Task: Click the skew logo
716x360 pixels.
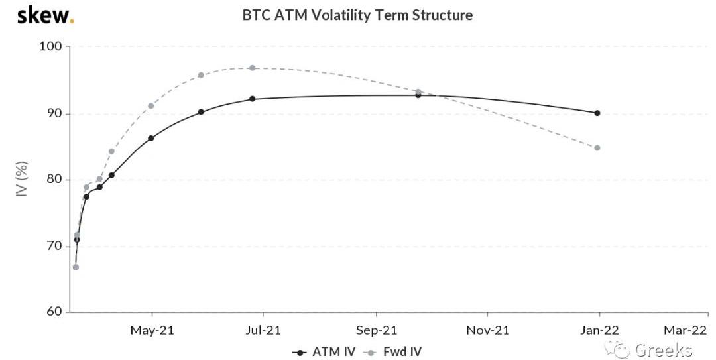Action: click(45, 15)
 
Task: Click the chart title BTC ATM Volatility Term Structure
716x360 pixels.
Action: click(357, 15)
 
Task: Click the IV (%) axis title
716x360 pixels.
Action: click(22, 180)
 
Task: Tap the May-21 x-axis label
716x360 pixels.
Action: click(152, 330)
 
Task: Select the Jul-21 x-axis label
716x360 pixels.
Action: click(263, 330)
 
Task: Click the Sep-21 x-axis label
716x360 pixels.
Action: click(376, 330)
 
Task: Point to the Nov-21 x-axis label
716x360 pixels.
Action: click(487, 330)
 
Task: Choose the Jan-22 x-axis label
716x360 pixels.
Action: click(599, 330)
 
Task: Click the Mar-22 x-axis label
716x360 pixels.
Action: click(686, 330)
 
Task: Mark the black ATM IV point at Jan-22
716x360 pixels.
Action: click(597, 113)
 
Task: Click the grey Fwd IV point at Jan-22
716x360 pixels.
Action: click(597, 148)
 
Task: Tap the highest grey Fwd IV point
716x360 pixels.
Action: click(252, 68)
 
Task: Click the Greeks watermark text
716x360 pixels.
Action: click(663, 350)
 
